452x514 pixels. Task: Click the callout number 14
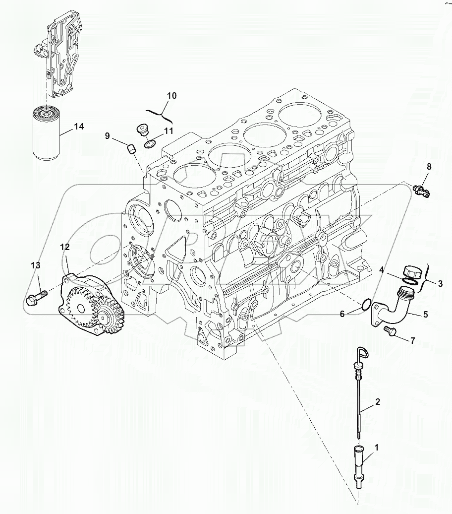click(x=79, y=127)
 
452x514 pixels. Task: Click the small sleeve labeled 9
click(x=131, y=148)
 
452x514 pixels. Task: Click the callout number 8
click(x=429, y=167)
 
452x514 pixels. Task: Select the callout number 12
click(x=65, y=247)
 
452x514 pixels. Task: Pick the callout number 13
click(x=35, y=266)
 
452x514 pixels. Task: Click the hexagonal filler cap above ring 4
click(x=412, y=272)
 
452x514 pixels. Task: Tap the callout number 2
click(x=378, y=402)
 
